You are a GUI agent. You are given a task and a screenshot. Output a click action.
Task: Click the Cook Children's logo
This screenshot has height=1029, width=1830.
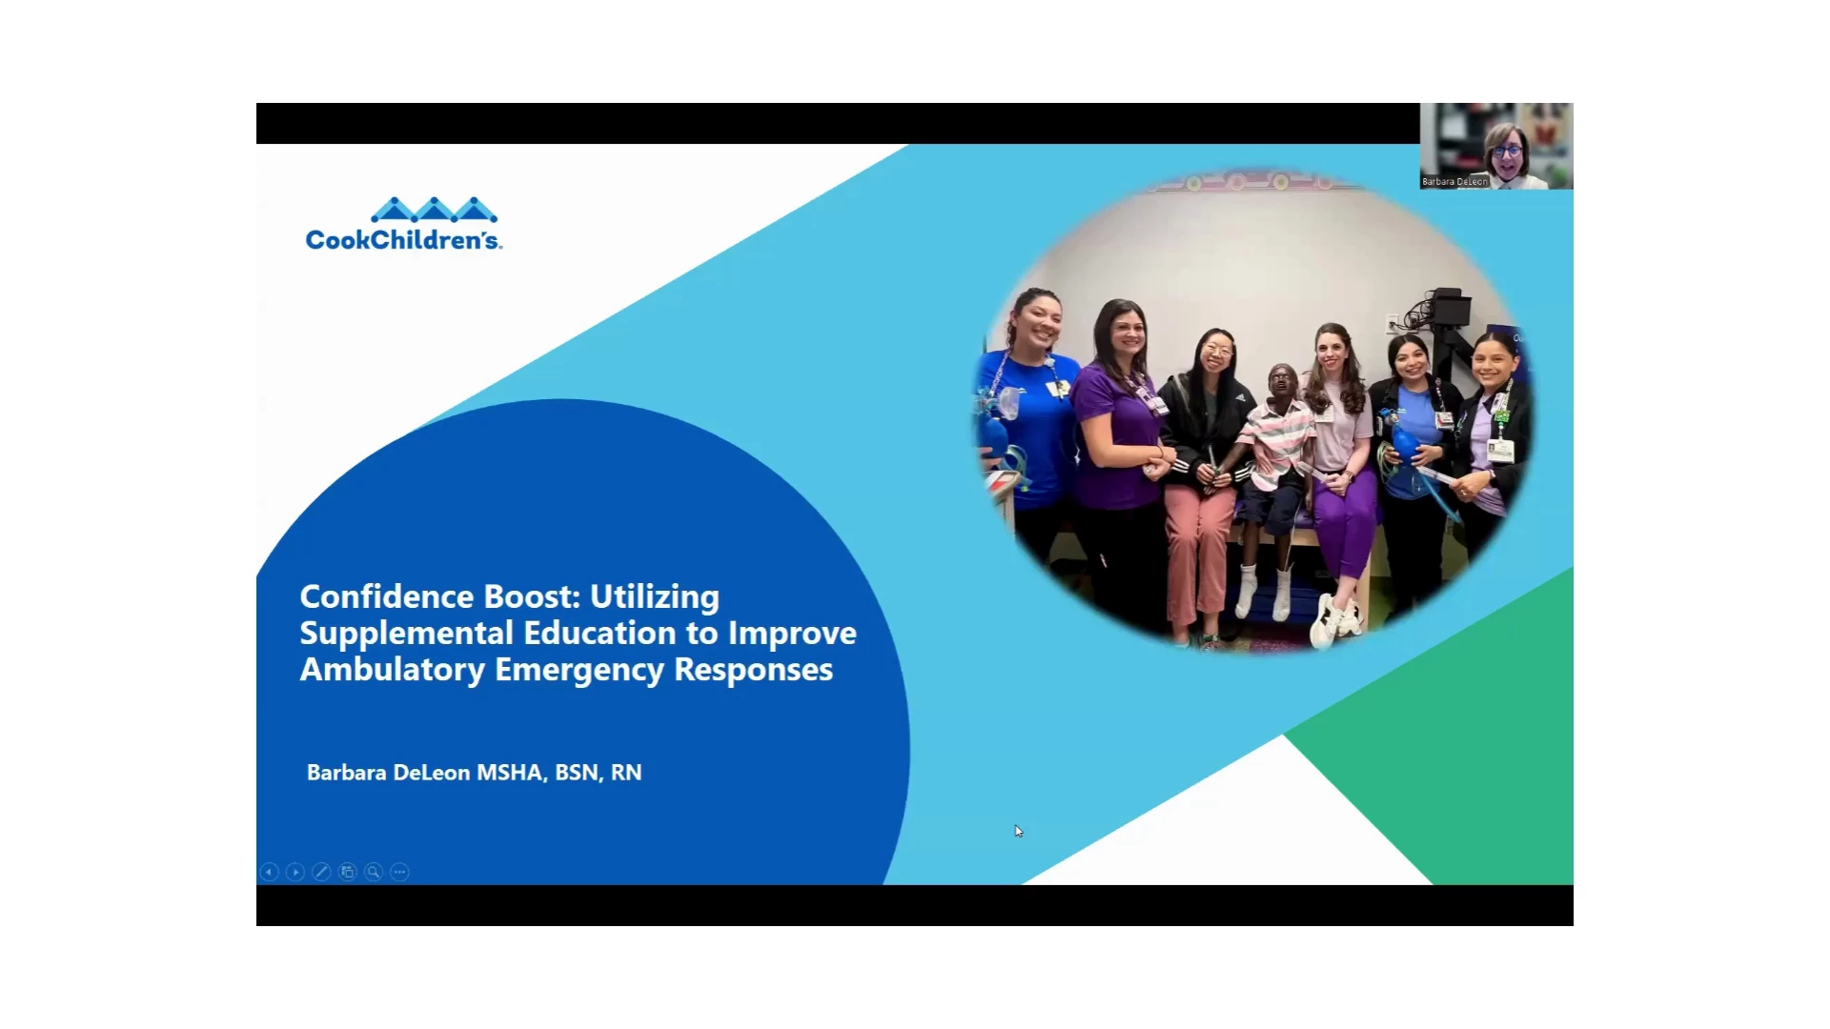(403, 225)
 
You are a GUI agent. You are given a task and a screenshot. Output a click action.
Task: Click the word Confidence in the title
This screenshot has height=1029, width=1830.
(387, 596)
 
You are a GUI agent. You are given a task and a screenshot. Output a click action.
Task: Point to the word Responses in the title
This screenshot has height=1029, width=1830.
(753, 671)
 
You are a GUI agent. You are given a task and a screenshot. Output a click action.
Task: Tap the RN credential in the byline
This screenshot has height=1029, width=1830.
(626, 773)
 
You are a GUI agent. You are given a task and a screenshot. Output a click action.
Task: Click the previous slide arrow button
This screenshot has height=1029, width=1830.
(270, 872)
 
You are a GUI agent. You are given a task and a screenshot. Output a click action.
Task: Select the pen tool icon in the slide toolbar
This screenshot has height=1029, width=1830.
(321, 872)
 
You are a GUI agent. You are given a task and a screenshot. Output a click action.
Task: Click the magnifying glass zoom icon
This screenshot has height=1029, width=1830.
(374, 872)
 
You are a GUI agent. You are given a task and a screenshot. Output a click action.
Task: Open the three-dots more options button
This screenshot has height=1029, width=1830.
(400, 872)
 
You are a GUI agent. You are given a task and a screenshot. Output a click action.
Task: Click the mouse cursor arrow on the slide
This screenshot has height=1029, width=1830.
(1018, 831)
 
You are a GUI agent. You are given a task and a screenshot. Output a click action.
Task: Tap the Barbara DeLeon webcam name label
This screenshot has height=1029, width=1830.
(1454, 181)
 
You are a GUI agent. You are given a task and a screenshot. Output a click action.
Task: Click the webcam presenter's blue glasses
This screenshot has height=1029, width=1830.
(1506, 151)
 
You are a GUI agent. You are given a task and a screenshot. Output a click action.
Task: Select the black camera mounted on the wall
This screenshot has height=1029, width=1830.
(1452, 308)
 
